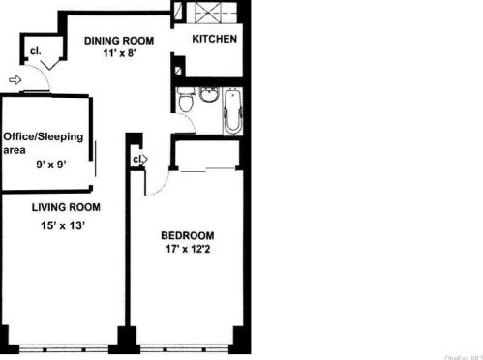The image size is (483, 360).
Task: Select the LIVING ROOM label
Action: tap(66, 208)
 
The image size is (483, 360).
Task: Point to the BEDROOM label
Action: tap(187, 236)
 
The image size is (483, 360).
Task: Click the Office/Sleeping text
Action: tap(43, 136)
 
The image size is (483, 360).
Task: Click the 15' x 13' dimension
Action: tap(66, 226)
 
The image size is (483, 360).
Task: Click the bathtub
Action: tap(233, 111)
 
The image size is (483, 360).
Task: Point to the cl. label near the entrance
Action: tap(36, 50)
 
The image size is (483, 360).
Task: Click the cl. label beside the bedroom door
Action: tap(137, 159)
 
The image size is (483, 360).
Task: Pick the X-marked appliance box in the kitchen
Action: tap(208, 13)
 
